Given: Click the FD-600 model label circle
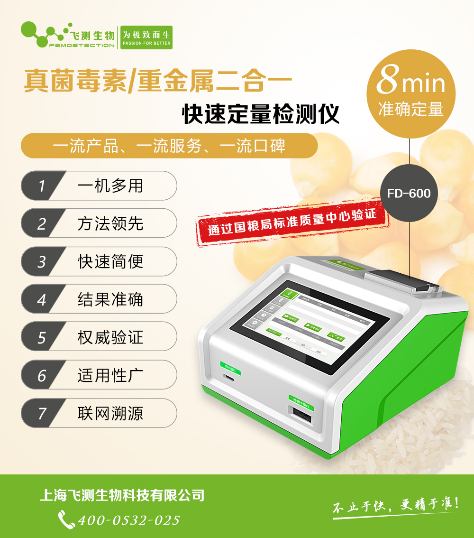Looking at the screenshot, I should (x=409, y=194).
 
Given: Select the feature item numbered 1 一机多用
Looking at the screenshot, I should (x=99, y=186).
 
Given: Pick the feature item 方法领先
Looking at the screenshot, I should (x=99, y=223).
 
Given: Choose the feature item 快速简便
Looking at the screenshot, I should (x=99, y=261).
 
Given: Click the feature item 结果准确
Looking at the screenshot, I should (x=99, y=299).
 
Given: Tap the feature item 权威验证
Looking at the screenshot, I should (x=99, y=337).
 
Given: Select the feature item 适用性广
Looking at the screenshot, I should (x=99, y=375).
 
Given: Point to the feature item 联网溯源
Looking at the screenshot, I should (x=99, y=413).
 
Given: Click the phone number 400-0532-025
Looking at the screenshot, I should (x=128, y=520).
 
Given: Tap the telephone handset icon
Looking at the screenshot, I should (x=66, y=519).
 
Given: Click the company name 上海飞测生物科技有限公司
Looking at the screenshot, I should (x=122, y=495).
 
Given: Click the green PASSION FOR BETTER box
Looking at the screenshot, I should (x=146, y=37).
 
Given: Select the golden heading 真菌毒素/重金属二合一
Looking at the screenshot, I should (x=158, y=81).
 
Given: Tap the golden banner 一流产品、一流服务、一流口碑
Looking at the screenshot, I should (x=169, y=146).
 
